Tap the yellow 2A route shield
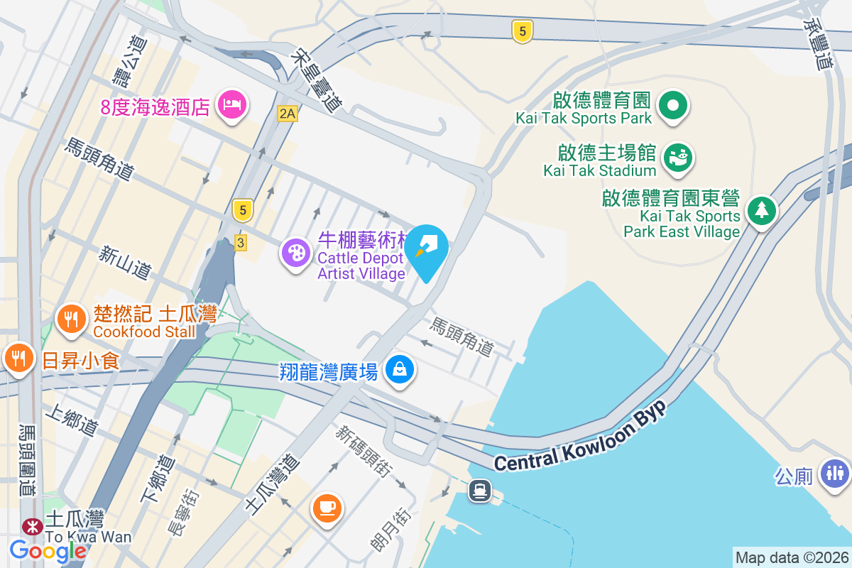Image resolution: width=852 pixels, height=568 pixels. click(287, 113)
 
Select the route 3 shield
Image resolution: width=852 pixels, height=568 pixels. click(241, 243)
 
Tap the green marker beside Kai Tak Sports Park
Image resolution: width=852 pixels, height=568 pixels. click(673, 106)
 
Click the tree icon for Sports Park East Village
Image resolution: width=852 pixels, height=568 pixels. click(761, 210)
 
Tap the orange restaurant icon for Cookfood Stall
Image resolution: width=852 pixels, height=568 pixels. click(71, 319)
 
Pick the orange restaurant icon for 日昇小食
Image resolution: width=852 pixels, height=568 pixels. click(18, 356)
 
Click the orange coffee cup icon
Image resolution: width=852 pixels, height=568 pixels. click(327, 508)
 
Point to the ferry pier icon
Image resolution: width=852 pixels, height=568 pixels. click(481, 490)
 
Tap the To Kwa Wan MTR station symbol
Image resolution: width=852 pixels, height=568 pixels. click(31, 526)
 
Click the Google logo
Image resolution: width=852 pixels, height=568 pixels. click(48, 551)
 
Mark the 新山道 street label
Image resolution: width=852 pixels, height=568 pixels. click(126, 262)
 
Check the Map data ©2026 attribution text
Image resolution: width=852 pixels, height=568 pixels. click(791, 558)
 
